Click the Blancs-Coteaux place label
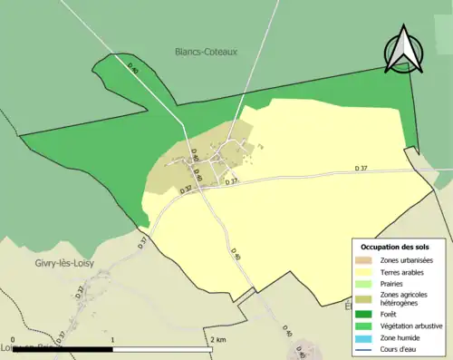[206, 52]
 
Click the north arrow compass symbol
[404, 49]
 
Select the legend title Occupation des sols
[395, 247]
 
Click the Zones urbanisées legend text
[408, 259]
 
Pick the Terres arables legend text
[404, 271]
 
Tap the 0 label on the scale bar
[14, 340]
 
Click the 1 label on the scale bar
[112, 340]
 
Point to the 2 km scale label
[217, 340]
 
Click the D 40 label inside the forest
[134, 68]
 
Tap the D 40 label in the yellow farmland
[235, 257]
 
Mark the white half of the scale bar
[162, 349]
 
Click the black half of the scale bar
[63, 349]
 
